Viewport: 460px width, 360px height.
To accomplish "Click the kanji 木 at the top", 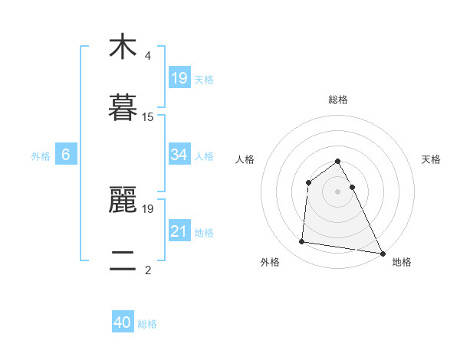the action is coord(123,47).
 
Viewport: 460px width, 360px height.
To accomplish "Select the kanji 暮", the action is coord(123,108).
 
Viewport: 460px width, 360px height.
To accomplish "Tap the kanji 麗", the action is coord(123,200).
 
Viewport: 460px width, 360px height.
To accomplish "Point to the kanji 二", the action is coord(123,261).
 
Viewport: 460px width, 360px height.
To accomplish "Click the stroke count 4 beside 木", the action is coord(148,56).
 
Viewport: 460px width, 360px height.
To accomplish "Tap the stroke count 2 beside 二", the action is coord(148,270).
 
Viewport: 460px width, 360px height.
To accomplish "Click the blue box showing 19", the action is coord(179,78).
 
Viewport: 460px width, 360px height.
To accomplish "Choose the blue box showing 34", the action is coord(179,155).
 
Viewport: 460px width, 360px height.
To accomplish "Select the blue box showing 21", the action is coord(179,231).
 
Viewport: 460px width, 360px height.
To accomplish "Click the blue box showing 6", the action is coord(66,155).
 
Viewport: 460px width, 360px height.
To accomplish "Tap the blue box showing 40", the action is coord(123,323).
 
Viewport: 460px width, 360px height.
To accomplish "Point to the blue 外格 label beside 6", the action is coord(41,155).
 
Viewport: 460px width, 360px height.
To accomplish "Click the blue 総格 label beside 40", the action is coord(147,324).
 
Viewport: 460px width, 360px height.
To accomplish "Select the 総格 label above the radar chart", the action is coord(338,100).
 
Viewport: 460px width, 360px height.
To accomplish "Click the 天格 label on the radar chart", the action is coord(431,159).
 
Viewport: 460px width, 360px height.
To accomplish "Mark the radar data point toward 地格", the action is coord(382,253).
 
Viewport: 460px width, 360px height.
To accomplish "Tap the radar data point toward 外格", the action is coord(302,242).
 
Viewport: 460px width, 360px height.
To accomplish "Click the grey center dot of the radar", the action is coord(338,191).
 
